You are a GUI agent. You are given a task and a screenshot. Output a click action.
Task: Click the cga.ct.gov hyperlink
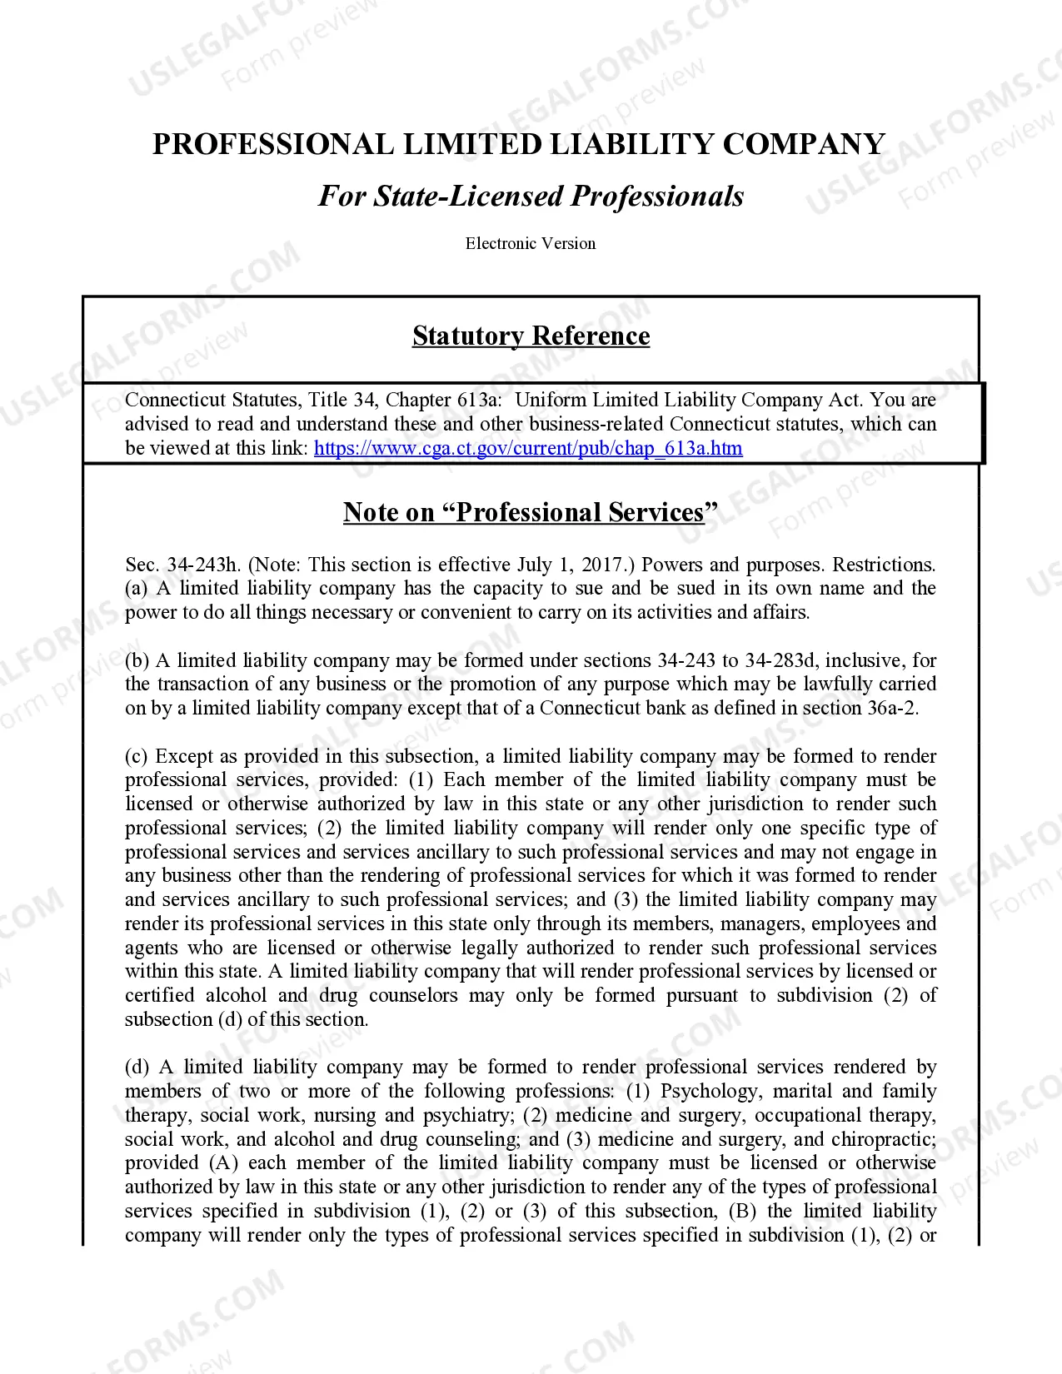pyautogui.click(x=528, y=448)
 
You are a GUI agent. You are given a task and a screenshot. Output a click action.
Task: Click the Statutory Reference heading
pyautogui.click(x=531, y=336)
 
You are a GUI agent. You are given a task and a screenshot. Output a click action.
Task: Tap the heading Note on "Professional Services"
pyautogui.click(x=530, y=512)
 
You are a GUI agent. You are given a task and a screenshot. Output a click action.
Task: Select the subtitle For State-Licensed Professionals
pyautogui.click(x=531, y=197)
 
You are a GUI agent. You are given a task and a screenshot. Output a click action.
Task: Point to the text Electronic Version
pyautogui.click(x=531, y=244)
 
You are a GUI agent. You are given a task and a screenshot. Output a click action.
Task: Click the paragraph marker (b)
pyautogui.click(x=137, y=660)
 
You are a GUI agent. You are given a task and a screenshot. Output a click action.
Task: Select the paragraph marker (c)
pyautogui.click(x=137, y=756)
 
